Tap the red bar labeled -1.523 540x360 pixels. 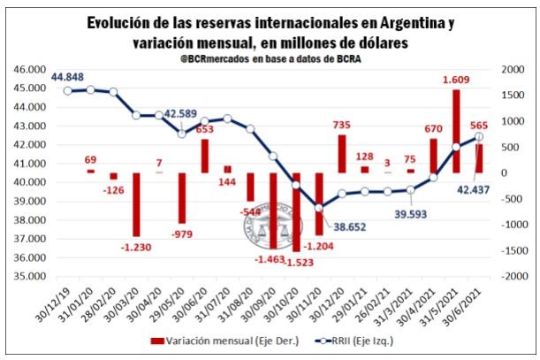click(x=296, y=212)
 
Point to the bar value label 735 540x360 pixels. click(x=342, y=126)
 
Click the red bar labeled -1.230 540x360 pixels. click(x=136, y=204)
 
